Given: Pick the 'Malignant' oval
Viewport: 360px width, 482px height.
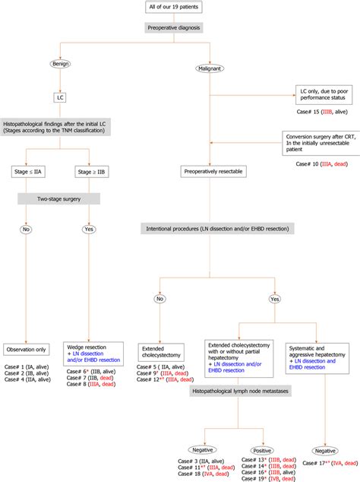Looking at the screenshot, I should pyautogui.click(x=210, y=67).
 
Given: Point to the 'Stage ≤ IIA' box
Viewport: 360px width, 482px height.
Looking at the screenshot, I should pyautogui.click(x=32, y=172).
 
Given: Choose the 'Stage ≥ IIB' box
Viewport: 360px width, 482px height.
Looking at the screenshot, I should pyautogui.click(x=89, y=172).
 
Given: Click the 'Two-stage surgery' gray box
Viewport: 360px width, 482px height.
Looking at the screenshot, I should pyautogui.click(x=61, y=199).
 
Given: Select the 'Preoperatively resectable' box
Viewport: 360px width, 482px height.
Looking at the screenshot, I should pyautogui.click(x=210, y=172).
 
